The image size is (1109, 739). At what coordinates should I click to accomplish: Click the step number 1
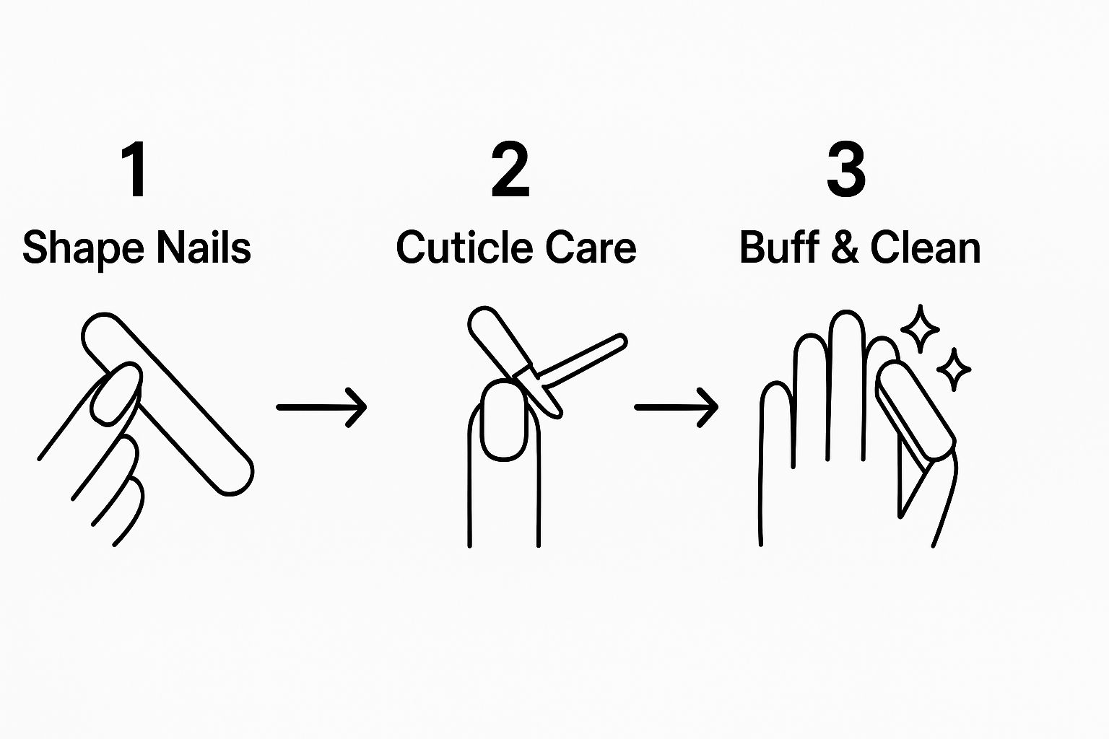coord(135,170)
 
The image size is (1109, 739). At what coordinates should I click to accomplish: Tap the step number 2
coord(510,170)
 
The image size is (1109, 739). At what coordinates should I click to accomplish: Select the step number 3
coord(846,170)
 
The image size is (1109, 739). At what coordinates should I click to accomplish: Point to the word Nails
coord(204,248)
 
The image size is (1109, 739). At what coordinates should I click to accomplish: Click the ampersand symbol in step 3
coord(846,248)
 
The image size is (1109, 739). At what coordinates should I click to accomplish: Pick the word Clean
coord(925,248)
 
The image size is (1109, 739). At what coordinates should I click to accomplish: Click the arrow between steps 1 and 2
coord(321,408)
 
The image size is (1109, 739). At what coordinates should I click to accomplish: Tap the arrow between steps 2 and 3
coord(676,408)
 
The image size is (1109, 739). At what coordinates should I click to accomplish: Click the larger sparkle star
coord(920,329)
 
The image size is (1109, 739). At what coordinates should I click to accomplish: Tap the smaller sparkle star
coord(954,369)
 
